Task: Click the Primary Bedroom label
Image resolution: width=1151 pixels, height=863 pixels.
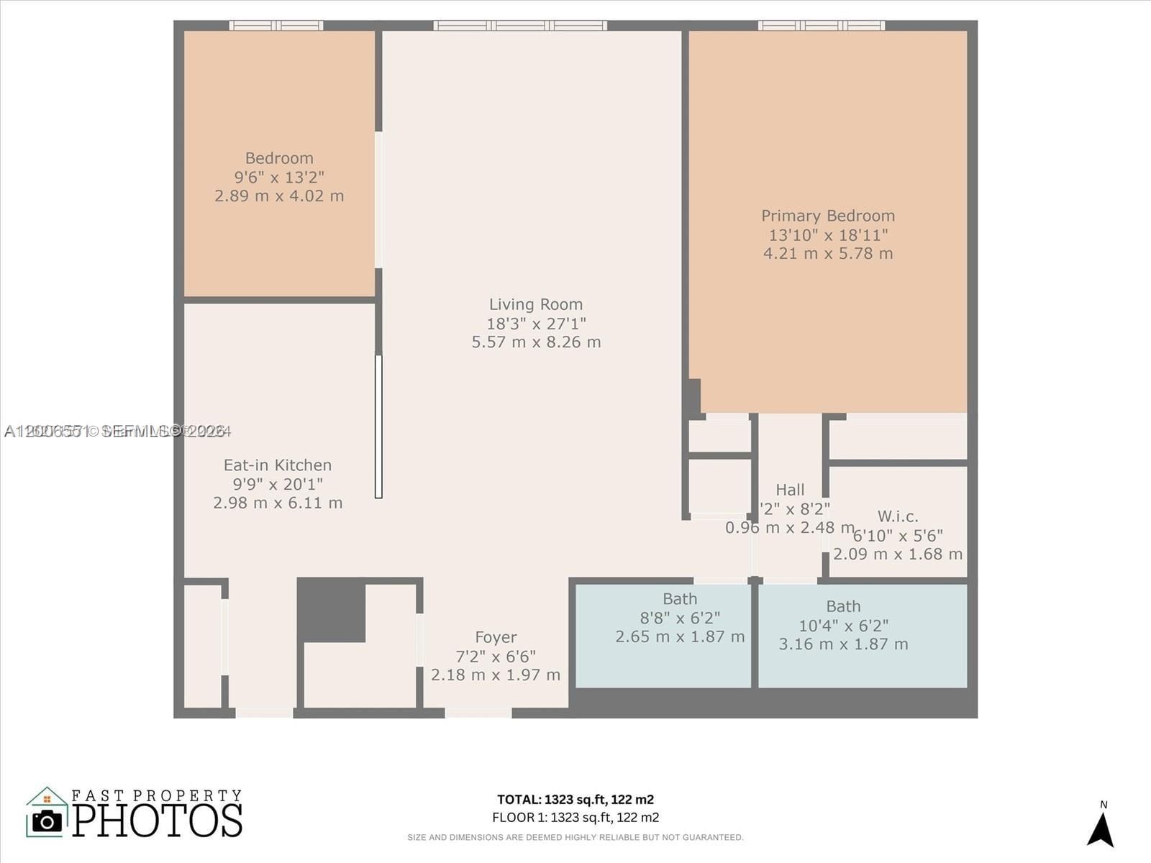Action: (828, 216)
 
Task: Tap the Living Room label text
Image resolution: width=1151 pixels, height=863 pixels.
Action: (536, 305)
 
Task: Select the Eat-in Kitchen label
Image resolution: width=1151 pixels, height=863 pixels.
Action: (278, 465)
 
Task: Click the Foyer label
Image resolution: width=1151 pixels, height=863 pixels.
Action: (496, 637)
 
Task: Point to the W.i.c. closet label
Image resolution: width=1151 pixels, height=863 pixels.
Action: (898, 516)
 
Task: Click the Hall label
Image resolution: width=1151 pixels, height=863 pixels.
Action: (790, 490)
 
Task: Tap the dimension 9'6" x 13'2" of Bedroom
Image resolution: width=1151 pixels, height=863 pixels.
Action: (279, 177)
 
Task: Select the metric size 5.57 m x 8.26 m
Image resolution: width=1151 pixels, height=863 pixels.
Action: (536, 342)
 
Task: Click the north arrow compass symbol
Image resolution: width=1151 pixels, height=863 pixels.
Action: (1101, 828)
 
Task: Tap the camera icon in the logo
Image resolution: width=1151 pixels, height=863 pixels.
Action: (47, 821)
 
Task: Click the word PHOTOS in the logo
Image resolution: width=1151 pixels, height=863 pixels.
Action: (157, 821)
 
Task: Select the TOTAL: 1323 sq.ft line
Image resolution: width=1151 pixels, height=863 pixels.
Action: (575, 799)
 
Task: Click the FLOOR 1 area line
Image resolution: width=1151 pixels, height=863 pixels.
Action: (575, 817)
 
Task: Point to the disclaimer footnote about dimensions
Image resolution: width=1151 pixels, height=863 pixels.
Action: (575, 837)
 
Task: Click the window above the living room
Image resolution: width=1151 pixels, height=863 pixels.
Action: (520, 26)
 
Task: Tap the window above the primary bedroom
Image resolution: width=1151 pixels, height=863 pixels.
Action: (821, 26)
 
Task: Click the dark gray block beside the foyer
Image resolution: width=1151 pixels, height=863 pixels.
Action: (332, 610)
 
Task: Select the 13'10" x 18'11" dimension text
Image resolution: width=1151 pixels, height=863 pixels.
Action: (828, 235)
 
